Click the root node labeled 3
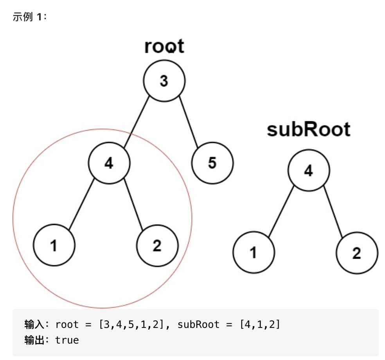pyautogui.click(x=164, y=81)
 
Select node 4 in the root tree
pyautogui.click(x=109, y=163)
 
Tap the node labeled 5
pyautogui.click(x=212, y=163)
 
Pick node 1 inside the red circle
pyautogui.click(x=54, y=245)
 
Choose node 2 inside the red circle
pyautogui.click(x=157, y=246)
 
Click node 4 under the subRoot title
pyautogui.click(x=309, y=170)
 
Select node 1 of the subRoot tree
pyautogui.click(x=254, y=252)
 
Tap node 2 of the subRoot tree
pyautogui.click(x=357, y=253)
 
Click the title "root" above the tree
pyautogui.click(x=164, y=46)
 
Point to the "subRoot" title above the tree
pyautogui.click(x=309, y=129)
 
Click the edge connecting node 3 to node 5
pyautogui.click(x=188, y=122)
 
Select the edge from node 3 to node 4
pyautogui.click(x=137, y=122)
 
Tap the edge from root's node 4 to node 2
pyautogui.click(x=133, y=204)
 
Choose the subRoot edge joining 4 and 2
pyautogui.click(x=333, y=212)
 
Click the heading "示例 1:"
pyautogui.click(x=30, y=17)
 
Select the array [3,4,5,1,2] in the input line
pyautogui.click(x=131, y=324)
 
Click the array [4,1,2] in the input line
pyautogui.click(x=260, y=324)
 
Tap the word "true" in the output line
pyautogui.click(x=67, y=340)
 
